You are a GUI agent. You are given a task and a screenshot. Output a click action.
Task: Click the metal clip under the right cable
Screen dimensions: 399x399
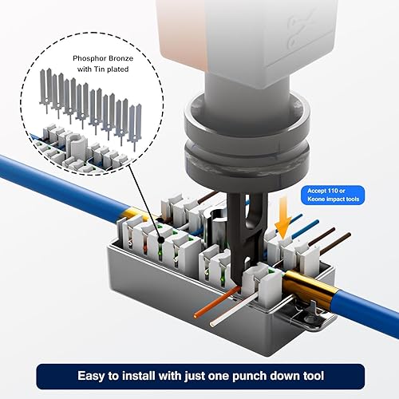point(315,318)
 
